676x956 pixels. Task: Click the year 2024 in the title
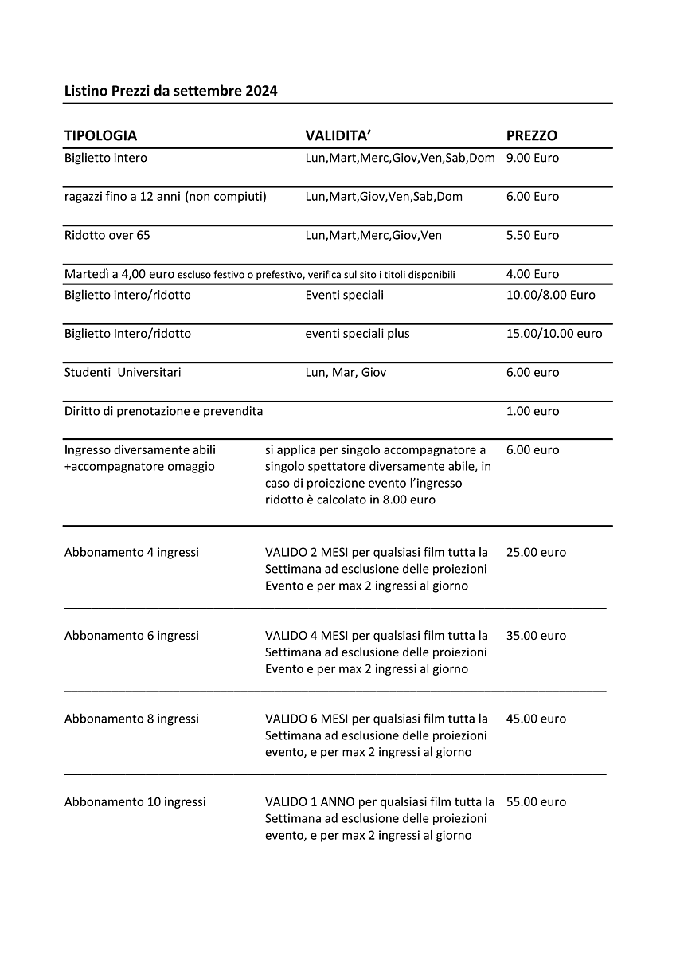[x=260, y=91]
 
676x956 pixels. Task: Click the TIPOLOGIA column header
[x=100, y=135]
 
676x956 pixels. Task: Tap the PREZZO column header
[x=531, y=135]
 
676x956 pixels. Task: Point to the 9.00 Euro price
[x=532, y=158]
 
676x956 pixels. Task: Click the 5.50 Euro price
[x=532, y=235]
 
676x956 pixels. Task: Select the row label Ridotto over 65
[x=107, y=235]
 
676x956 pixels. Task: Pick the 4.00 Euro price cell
[x=532, y=274]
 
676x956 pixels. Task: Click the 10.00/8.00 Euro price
[x=550, y=295]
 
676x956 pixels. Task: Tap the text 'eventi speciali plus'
[x=358, y=334]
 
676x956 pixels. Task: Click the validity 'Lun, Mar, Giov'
[x=346, y=372]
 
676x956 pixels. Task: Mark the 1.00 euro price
[x=532, y=411]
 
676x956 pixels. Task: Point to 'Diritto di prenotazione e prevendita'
[x=163, y=411]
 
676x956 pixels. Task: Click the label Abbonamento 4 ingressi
[x=131, y=552]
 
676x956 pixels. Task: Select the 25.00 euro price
[x=536, y=552]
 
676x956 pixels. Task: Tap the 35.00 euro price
[x=536, y=636]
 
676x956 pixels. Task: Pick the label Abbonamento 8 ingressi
[x=131, y=719]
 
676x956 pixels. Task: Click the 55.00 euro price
[x=536, y=802]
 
